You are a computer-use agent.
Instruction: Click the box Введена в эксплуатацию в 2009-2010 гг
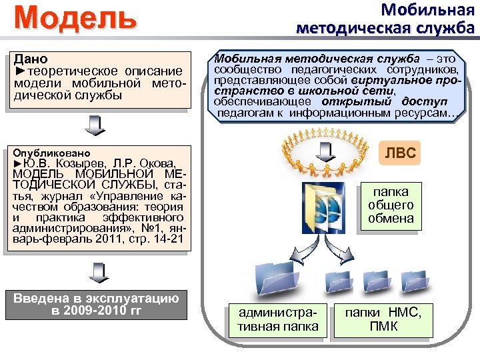96,304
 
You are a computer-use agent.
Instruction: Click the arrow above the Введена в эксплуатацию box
96,271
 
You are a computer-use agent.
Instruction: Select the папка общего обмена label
391,205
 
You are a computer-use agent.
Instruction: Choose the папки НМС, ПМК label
383,319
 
